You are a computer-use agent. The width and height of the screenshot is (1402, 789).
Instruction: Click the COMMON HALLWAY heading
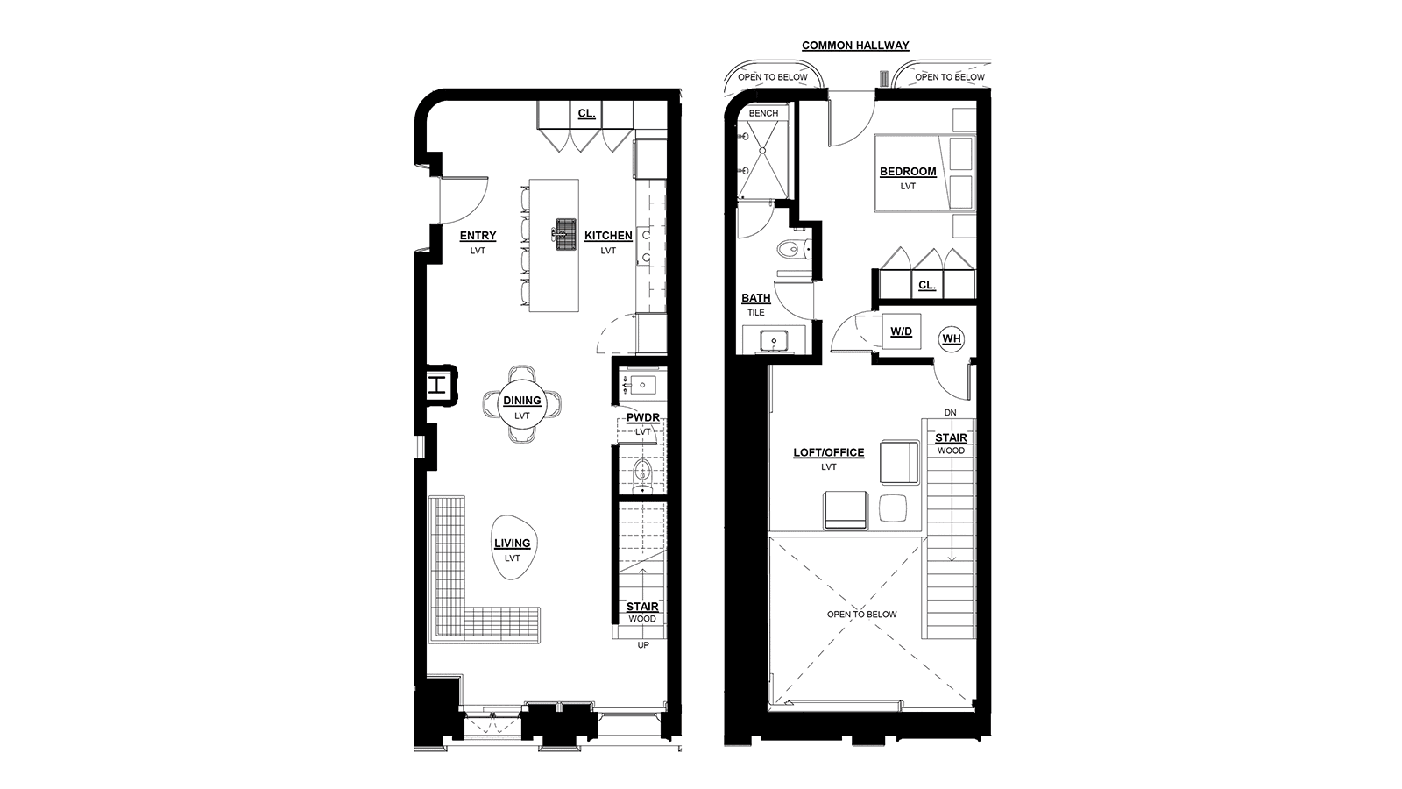tap(855, 45)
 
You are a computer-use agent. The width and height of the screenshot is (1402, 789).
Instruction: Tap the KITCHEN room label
tap(608, 236)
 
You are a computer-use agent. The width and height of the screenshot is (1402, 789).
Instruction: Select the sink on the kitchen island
tap(565, 234)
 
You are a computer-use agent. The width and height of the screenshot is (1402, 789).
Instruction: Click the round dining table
tap(522, 404)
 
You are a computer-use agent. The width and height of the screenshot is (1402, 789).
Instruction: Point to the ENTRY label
tap(478, 236)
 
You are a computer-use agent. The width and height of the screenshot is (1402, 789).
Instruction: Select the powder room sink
tap(642, 385)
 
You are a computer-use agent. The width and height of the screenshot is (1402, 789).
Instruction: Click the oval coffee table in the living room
tap(514, 547)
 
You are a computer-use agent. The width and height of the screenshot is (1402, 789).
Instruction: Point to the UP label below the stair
tap(643, 645)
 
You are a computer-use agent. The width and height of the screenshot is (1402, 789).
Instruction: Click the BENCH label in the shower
tap(763, 113)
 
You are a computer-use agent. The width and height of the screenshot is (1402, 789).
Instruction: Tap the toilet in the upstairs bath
tap(793, 249)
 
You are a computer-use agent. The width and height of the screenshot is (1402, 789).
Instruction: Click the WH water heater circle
tap(952, 338)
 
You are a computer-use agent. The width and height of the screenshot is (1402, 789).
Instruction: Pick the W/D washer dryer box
tap(902, 331)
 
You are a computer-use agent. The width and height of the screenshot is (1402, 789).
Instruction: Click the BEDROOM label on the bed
tap(908, 171)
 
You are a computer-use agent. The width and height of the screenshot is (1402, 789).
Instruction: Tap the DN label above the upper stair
tap(950, 413)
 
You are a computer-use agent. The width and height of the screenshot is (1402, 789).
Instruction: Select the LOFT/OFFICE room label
tap(829, 452)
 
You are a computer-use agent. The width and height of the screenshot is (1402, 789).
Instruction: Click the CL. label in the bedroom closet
tap(927, 285)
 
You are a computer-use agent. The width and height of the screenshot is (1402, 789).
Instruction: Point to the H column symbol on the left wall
tap(437, 385)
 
